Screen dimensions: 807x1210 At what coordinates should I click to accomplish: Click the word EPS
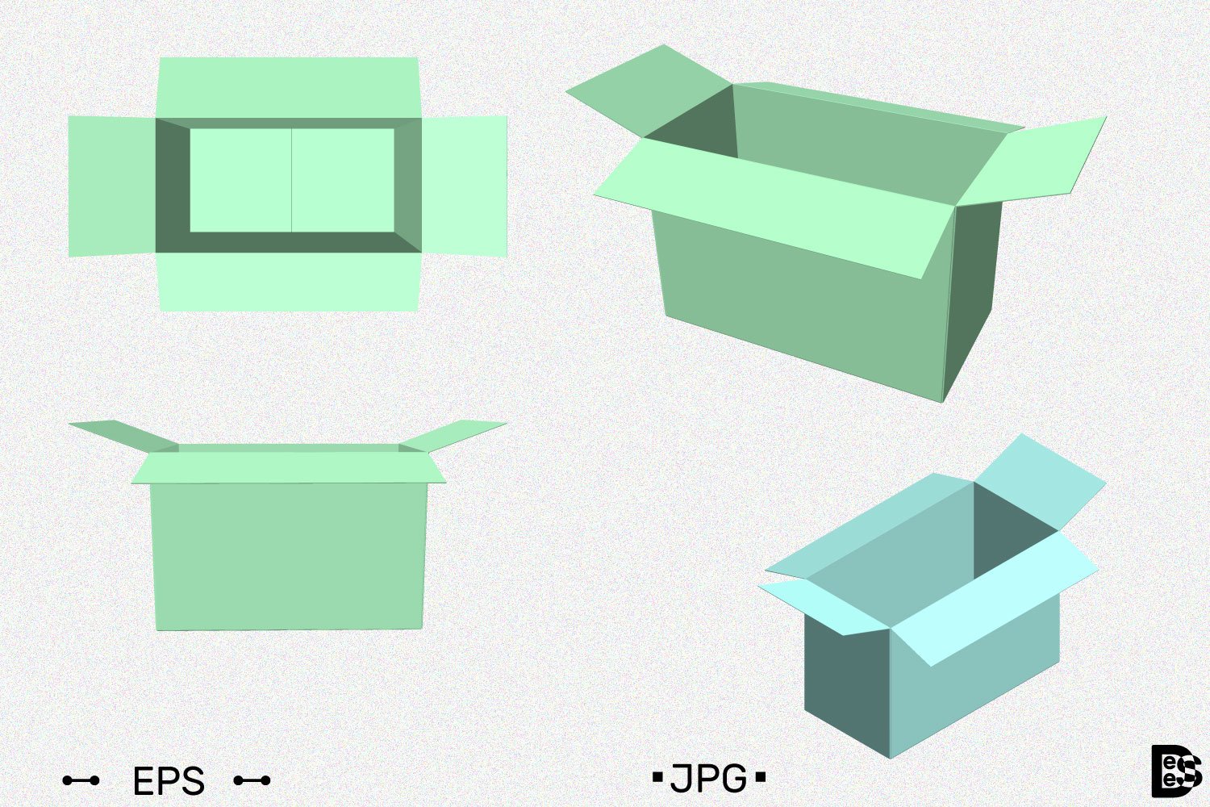pyautogui.click(x=169, y=781)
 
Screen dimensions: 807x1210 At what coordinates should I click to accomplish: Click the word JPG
pyautogui.click(x=708, y=779)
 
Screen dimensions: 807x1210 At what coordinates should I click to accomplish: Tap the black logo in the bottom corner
pyautogui.click(x=1176, y=771)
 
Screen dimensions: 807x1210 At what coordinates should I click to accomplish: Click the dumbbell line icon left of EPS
pyautogui.click(x=81, y=780)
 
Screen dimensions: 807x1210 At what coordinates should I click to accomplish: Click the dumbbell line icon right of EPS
pyautogui.click(x=252, y=780)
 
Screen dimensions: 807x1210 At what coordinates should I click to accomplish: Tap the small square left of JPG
pyautogui.click(x=657, y=778)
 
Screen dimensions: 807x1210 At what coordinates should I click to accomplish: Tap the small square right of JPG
pyautogui.click(x=760, y=778)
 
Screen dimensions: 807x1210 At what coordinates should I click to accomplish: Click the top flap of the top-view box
pyautogui.click(x=288, y=87)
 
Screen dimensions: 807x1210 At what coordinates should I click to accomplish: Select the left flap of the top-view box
pyautogui.click(x=111, y=186)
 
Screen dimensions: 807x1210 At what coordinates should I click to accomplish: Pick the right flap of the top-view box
pyautogui.click(x=465, y=186)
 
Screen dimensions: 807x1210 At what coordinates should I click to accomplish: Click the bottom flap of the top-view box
pyautogui.click(x=288, y=282)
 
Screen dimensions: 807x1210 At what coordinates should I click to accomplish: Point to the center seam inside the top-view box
pyautogui.click(x=291, y=180)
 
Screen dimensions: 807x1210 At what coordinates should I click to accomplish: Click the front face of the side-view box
pyautogui.click(x=288, y=557)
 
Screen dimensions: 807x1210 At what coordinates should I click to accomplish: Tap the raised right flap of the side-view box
pyautogui.click(x=453, y=434)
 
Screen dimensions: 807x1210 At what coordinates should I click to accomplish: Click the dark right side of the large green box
pyautogui.click(x=974, y=299)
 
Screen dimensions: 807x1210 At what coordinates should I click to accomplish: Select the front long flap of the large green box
pyautogui.click(x=774, y=206)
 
